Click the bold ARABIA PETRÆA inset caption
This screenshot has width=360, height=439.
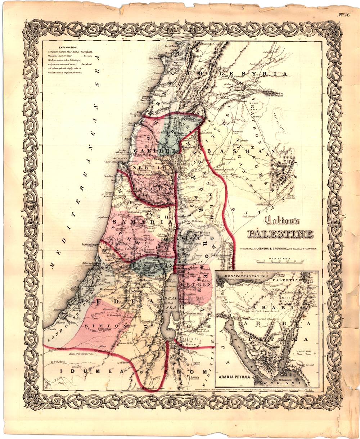[235, 377]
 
